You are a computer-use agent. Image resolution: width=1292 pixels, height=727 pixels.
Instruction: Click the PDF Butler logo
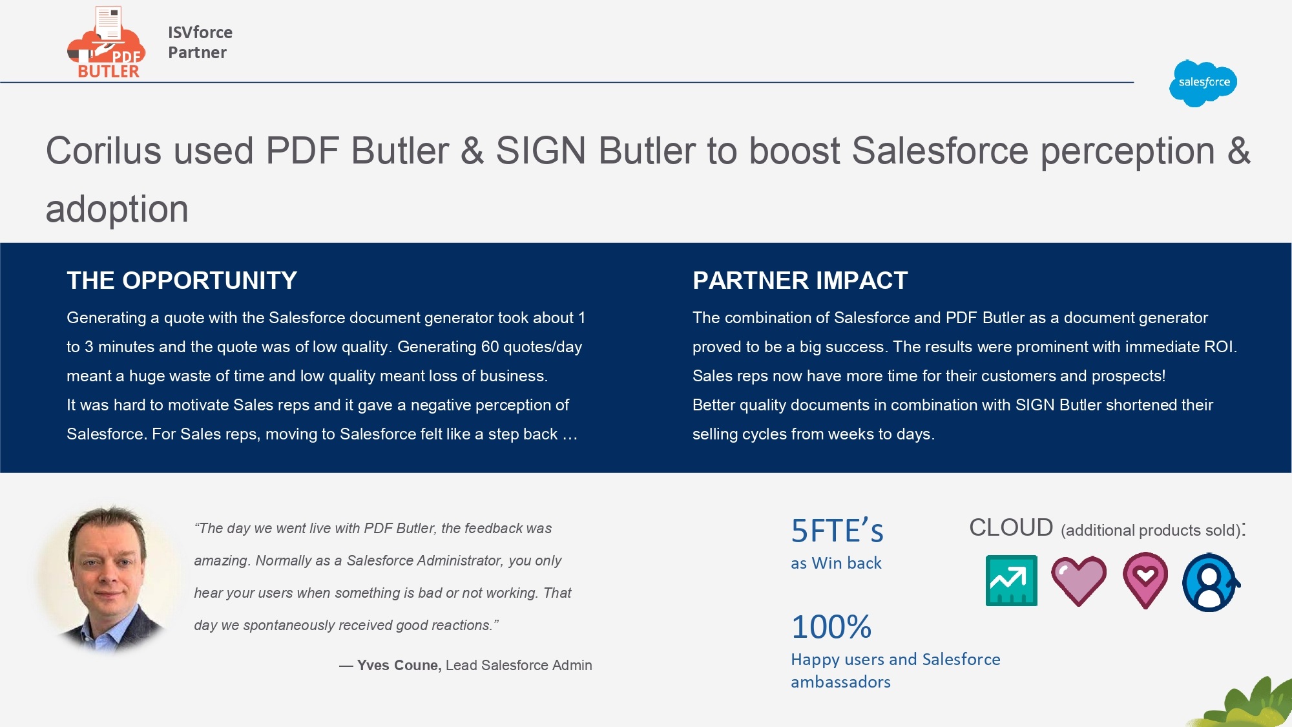tap(107, 43)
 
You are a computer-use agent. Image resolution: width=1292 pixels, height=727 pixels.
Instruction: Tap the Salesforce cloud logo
tap(1203, 83)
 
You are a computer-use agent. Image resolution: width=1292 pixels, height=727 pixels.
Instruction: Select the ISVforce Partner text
tap(200, 43)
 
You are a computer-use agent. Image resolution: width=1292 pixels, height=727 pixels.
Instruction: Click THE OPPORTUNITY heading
tap(182, 280)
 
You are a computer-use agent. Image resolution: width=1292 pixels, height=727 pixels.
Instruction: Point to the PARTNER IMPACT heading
tap(800, 280)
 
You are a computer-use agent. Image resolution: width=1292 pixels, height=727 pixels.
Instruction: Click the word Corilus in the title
tap(103, 151)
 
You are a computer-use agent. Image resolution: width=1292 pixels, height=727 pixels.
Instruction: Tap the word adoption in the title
tap(117, 209)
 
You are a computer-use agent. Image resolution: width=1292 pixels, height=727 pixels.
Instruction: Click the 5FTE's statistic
tap(837, 531)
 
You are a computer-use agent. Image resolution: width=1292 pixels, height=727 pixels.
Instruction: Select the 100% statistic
tap(831, 627)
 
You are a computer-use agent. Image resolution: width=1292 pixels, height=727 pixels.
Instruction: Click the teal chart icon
tap(1011, 580)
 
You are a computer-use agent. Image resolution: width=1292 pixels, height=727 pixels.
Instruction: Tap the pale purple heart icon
tap(1079, 580)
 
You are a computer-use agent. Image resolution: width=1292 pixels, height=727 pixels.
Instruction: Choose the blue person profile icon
tap(1211, 582)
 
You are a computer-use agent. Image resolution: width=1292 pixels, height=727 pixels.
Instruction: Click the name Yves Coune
tap(399, 666)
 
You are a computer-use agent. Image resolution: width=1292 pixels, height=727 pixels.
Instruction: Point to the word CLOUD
tap(1011, 528)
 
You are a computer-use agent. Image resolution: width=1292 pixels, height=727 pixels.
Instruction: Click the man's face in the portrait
tap(108, 562)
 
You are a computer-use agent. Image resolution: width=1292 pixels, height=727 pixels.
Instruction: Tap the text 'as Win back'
tap(836, 564)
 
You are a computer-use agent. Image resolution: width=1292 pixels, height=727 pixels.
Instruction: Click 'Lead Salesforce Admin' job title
tap(519, 666)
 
